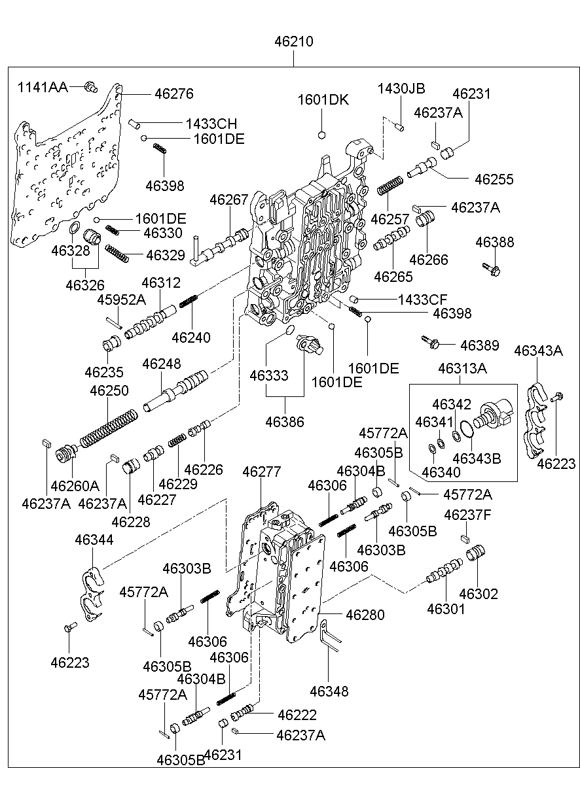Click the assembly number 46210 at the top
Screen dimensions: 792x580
pos(293,42)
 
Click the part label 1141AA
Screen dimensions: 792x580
pos(42,86)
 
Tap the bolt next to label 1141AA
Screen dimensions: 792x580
pos(91,86)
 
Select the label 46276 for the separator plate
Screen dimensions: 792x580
pos(174,94)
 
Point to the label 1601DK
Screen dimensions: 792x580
pos(323,100)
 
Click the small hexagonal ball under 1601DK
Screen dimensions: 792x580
pos(321,135)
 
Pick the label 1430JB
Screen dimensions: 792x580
pos(401,88)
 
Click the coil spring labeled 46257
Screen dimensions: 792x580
pos(391,184)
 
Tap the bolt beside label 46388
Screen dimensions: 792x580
pos(489,267)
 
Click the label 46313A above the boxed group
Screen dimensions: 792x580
pos(462,369)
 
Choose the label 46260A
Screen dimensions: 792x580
pos(75,486)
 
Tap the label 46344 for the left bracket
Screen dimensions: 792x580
pos(94,540)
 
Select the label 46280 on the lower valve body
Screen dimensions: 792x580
pos(365,615)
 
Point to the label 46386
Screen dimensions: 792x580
pos(285,422)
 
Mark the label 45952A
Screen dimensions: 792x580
pos(121,300)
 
